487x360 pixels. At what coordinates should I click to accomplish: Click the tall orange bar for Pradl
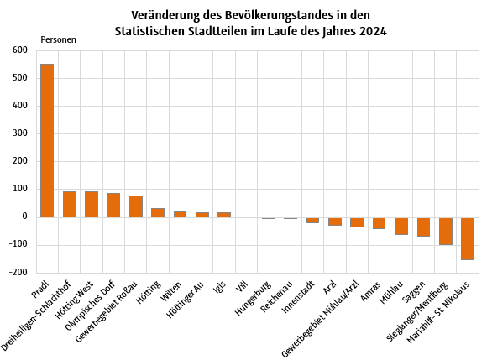click(x=47, y=140)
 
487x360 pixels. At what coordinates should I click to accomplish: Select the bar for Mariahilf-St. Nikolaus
click(x=467, y=238)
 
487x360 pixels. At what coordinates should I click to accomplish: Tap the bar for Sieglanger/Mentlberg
click(x=445, y=231)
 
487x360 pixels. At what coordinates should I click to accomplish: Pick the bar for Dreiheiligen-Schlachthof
click(x=69, y=204)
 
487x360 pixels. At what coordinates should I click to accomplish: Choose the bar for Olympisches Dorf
click(x=113, y=205)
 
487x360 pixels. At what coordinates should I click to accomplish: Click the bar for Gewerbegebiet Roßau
click(x=135, y=206)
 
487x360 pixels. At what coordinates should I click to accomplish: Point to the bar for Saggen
click(x=423, y=227)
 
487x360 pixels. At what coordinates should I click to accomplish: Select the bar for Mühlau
click(x=401, y=226)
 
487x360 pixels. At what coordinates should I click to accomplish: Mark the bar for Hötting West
click(x=92, y=204)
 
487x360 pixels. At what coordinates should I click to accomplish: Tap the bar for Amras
click(x=379, y=222)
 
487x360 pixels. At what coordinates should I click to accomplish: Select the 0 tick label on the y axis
click(x=25, y=217)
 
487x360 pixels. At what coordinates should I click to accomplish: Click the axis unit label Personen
click(x=58, y=39)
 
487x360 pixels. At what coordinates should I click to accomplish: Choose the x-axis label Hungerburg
click(x=254, y=298)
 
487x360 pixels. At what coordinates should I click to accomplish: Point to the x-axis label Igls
click(x=218, y=288)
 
